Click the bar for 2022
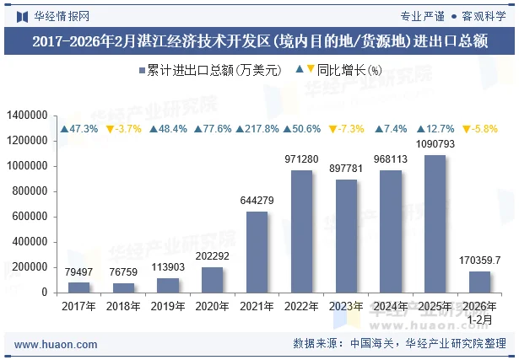pyautogui.click(x=301, y=231)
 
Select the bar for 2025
pyautogui.click(x=435, y=223)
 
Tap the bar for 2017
pyautogui.click(x=79, y=287)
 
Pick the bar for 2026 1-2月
pyautogui.click(x=479, y=282)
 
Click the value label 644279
pyautogui.click(x=257, y=200)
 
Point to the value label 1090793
pyautogui.click(x=435, y=144)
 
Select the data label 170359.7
pyautogui.click(x=479, y=261)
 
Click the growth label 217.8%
pyautogui.click(x=257, y=129)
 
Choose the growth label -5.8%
pyautogui.click(x=479, y=129)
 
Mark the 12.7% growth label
pyautogui.click(x=435, y=129)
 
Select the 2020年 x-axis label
pyautogui.click(x=213, y=307)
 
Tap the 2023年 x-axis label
pyautogui.click(x=346, y=307)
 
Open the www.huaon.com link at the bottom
pyautogui.click(x=56, y=345)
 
